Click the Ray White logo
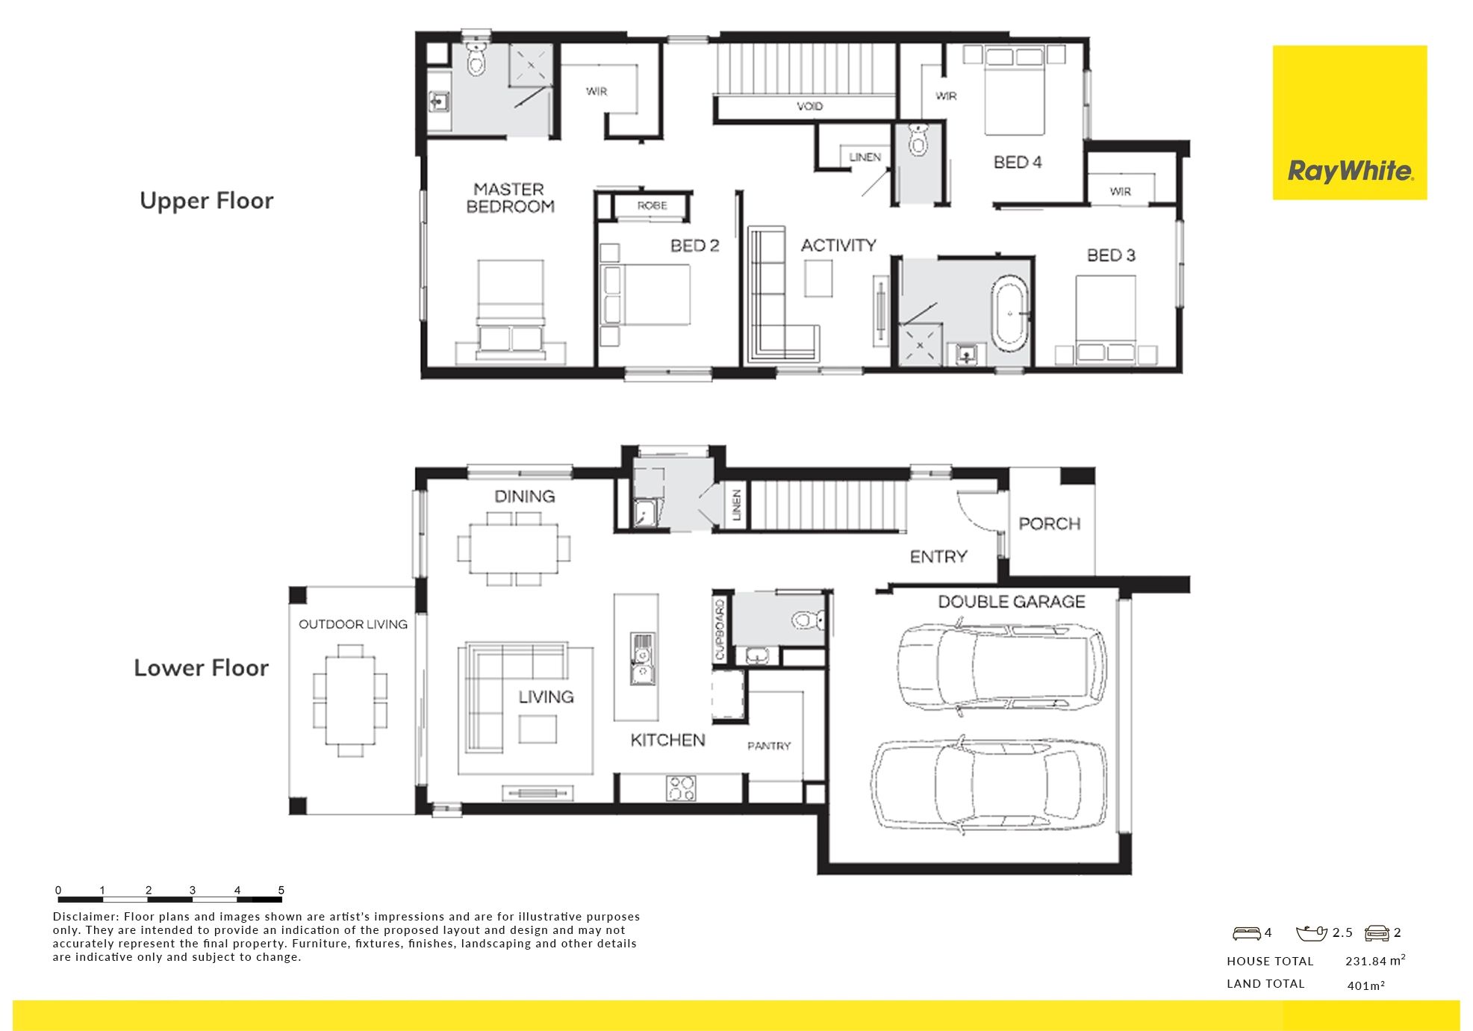pyautogui.click(x=1349, y=122)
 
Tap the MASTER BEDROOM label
pyautogui.click(x=510, y=198)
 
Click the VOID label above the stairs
pyautogui.click(x=809, y=107)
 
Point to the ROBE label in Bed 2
pyautogui.click(x=652, y=205)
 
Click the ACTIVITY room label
pyautogui.click(x=838, y=245)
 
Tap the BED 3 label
pyautogui.click(x=1111, y=255)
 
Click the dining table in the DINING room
pyautogui.click(x=514, y=549)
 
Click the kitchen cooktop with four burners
pyautogui.click(x=681, y=788)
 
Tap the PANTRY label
pyautogui.click(x=769, y=746)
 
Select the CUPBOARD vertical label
pyautogui.click(x=720, y=630)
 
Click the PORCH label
pyautogui.click(x=1050, y=524)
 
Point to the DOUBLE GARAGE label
pyautogui.click(x=1012, y=602)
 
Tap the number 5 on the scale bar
pyautogui.click(x=281, y=890)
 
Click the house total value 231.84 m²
pyautogui.click(x=1375, y=961)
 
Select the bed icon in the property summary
pyautogui.click(x=1246, y=933)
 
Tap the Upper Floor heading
pyautogui.click(x=207, y=202)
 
